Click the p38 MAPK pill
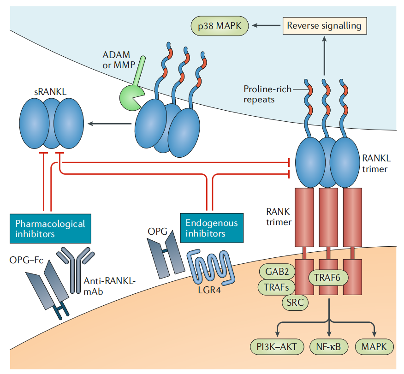(x=220, y=26)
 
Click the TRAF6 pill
(x=328, y=278)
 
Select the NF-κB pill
(x=328, y=347)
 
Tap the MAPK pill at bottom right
(x=374, y=347)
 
